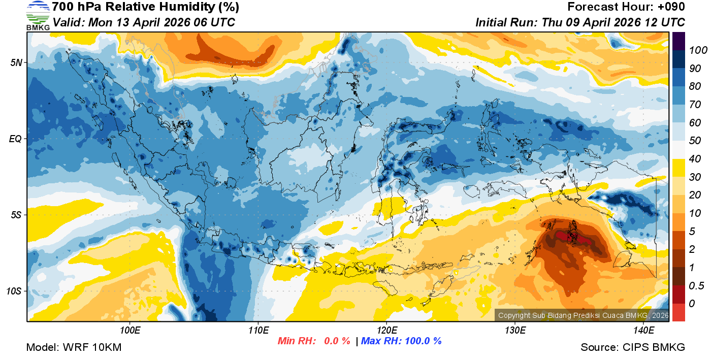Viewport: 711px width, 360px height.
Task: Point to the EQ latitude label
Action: coord(15,139)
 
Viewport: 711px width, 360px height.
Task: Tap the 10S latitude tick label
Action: coord(14,291)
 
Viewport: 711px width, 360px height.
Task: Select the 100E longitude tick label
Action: coord(130,331)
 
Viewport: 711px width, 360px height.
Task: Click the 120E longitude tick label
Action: coord(386,331)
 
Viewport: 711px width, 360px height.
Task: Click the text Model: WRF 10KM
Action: coord(74,347)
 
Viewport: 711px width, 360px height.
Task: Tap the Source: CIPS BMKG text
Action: coord(633,347)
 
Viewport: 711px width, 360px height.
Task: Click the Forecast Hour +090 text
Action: coord(626,7)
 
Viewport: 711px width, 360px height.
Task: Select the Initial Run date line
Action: coord(580,22)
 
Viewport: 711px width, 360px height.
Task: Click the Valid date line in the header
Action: coord(144,22)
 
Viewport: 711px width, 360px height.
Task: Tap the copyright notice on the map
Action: coord(583,315)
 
